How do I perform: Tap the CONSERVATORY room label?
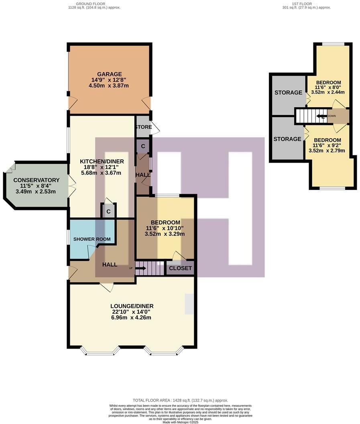[36, 180]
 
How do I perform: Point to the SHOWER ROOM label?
[92, 239]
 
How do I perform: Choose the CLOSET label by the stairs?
[180, 268]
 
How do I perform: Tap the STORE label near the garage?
[143, 127]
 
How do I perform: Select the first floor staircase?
[307, 116]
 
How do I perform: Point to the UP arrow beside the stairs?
[140, 268]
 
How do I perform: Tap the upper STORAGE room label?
[288, 93]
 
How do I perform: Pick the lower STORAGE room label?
[287, 139]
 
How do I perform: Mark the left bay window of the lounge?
[100, 352]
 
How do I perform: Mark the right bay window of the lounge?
[164, 352]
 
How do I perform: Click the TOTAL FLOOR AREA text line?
[180, 400]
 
